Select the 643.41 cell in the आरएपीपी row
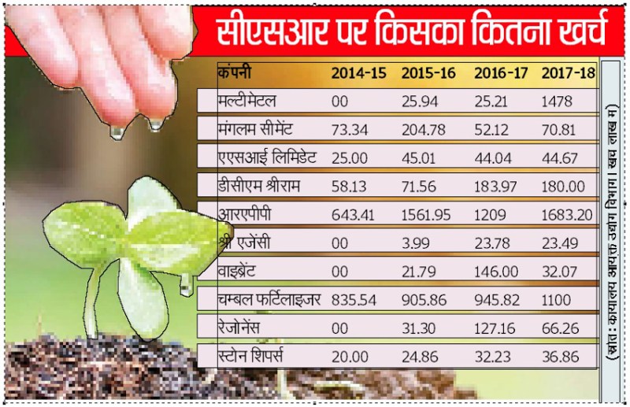tap(354, 213)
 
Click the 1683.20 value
tap(568, 213)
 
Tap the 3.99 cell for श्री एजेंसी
tap(415, 242)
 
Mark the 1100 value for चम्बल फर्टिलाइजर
tap(557, 298)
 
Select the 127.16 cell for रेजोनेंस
tap(494, 326)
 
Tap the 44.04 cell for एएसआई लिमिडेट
tap(491, 157)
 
